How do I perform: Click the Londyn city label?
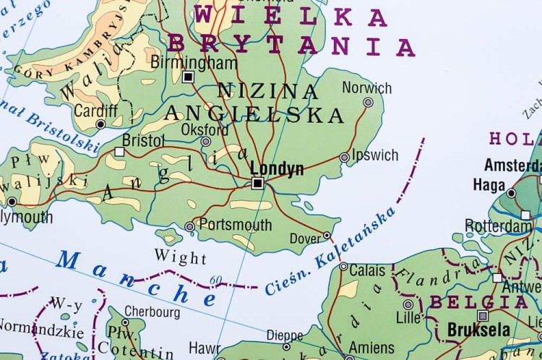tap(277, 167)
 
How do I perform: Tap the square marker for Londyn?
tap(257, 184)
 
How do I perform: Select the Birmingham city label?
tap(194, 62)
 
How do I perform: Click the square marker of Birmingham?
tap(189, 77)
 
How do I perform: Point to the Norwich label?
tap(367, 88)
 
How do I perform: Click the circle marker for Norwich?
tap(368, 103)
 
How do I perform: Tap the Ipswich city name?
tap(374, 155)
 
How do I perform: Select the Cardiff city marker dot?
tap(100, 124)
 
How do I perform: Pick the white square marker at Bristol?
tap(119, 152)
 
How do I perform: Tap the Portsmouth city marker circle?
tap(189, 226)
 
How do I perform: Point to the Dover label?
tap(304, 239)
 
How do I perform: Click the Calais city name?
tap(368, 270)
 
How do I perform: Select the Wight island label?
tap(180, 257)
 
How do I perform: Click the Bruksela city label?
tap(478, 330)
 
